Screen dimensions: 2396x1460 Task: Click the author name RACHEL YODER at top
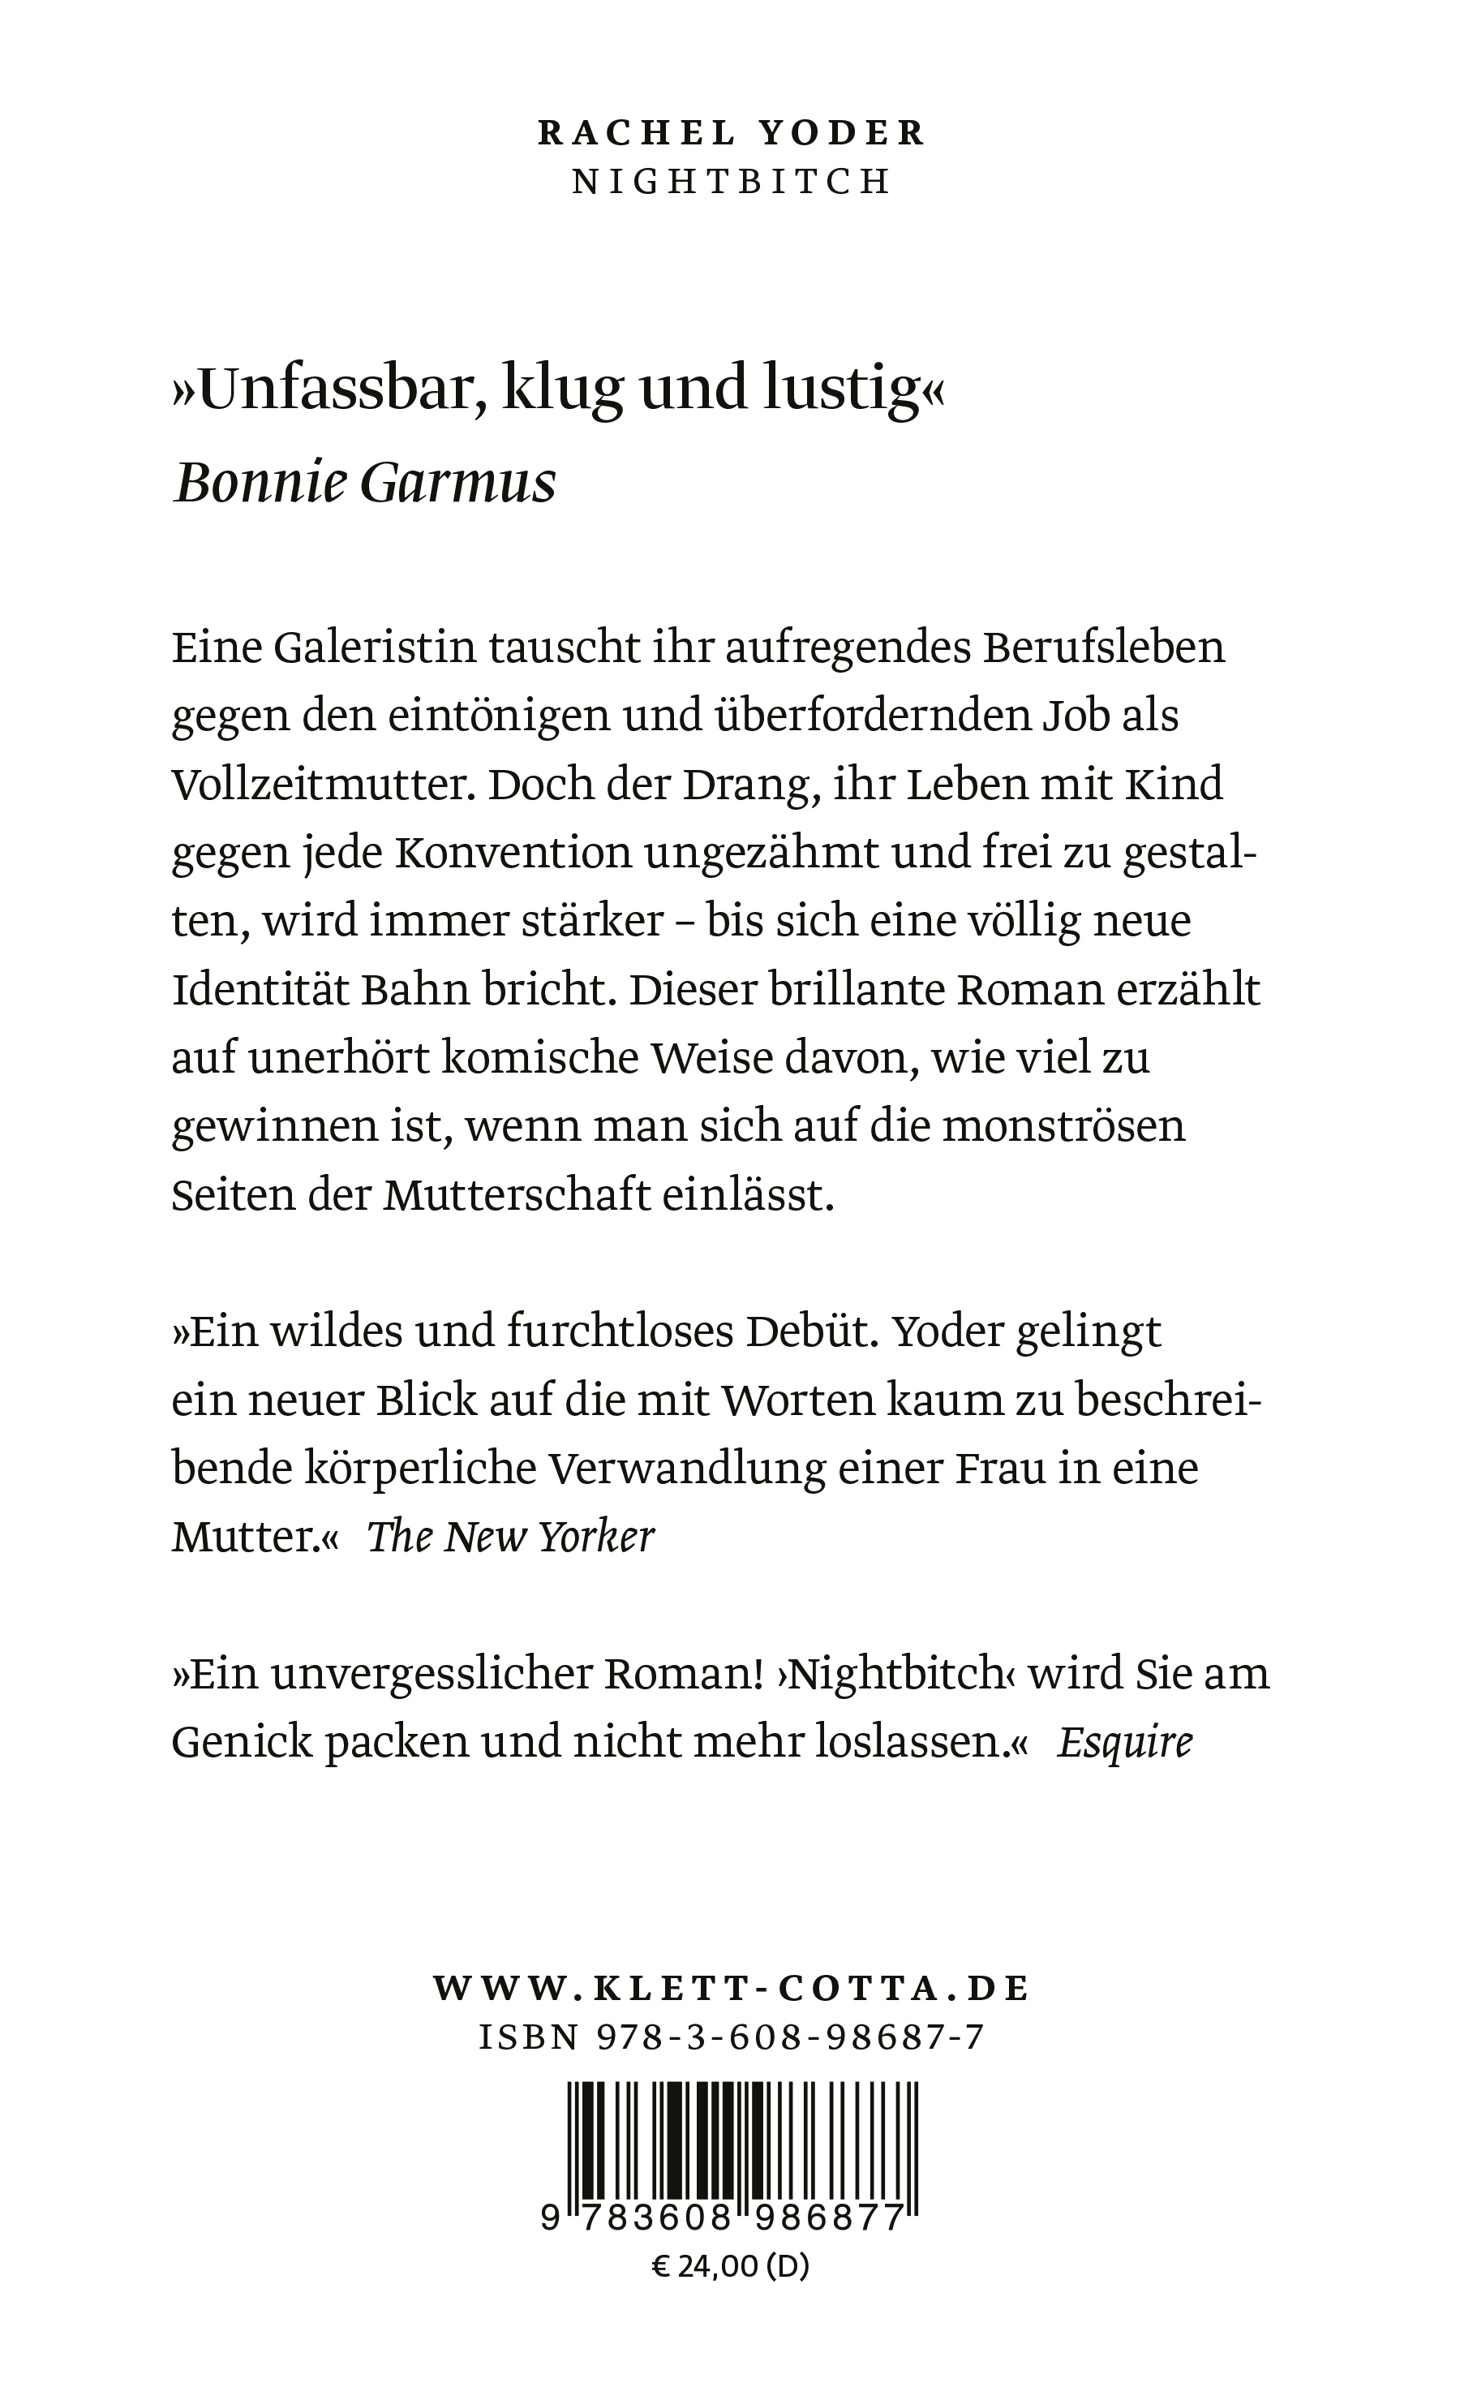(x=731, y=133)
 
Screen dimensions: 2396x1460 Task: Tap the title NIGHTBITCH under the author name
(x=731, y=183)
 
